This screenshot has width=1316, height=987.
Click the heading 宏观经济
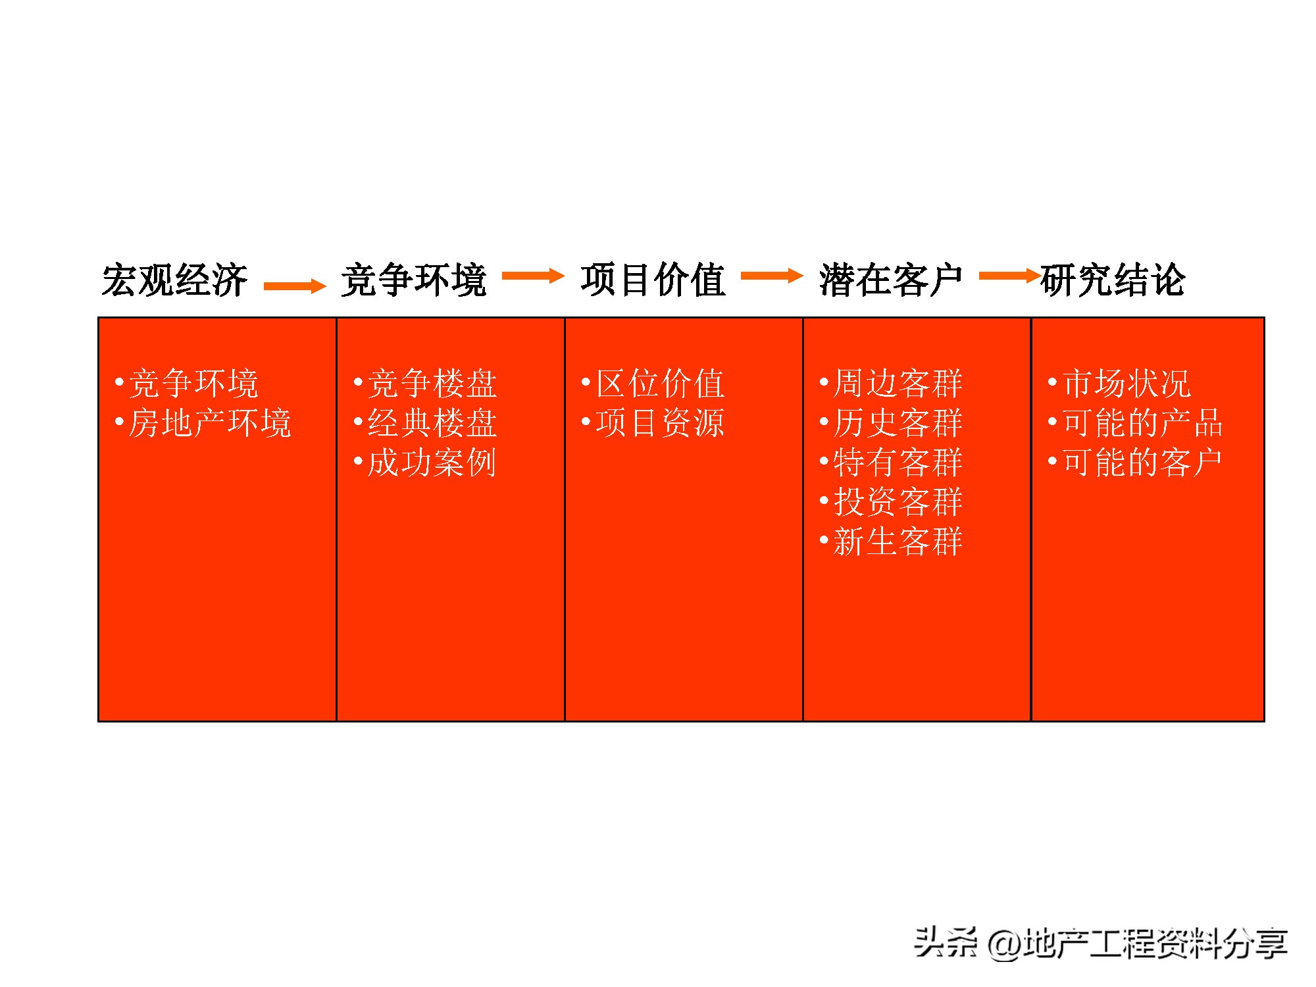[174, 280]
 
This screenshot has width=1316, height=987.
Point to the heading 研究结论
[1113, 280]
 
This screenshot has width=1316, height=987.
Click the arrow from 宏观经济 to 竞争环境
[294, 286]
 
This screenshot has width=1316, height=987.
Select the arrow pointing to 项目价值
[533, 276]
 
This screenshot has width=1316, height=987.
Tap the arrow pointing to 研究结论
[1009, 276]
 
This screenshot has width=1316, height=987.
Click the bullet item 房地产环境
[209, 423]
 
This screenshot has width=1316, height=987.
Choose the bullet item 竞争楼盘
[432, 384]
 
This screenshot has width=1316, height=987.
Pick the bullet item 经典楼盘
[432, 423]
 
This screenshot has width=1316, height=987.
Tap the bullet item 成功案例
[432, 463]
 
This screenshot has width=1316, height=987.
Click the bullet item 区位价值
[660, 384]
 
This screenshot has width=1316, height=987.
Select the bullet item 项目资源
[660, 423]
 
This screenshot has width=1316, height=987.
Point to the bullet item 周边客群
[898, 384]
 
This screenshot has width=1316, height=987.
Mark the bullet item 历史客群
[898, 423]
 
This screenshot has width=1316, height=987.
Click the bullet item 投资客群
[898, 502]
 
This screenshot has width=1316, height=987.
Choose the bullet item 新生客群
[898, 542]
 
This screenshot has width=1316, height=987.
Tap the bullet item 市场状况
[1126, 384]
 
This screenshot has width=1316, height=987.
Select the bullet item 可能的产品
[1142, 423]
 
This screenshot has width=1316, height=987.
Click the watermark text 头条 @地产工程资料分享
[1100, 943]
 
